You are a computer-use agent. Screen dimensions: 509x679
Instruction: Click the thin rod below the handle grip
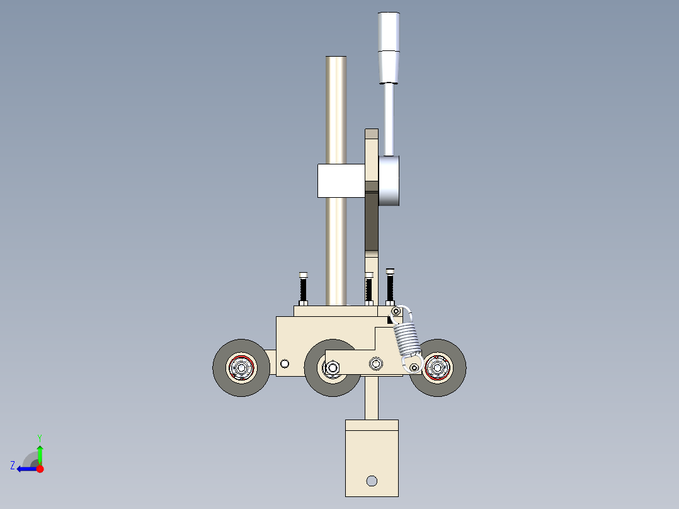[x=389, y=120]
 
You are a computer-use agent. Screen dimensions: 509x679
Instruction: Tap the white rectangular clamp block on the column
[x=340, y=180]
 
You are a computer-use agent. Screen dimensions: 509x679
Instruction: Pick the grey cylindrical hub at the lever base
[x=389, y=181]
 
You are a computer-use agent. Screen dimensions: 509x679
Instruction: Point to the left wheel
[x=241, y=368]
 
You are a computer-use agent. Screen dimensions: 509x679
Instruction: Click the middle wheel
[x=331, y=368]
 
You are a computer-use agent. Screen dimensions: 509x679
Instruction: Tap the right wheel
[x=438, y=368]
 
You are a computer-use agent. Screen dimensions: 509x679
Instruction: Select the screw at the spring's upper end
[x=396, y=312]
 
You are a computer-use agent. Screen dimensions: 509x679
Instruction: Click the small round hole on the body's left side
[x=285, y=363]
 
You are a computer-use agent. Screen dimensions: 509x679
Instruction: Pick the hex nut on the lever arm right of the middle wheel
[x=376, y=363]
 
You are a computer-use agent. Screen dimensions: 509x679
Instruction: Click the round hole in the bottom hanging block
[x=372, y=481]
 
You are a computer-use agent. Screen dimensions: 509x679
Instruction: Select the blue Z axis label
[x=13, y=466]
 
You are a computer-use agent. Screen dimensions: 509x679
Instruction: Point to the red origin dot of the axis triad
[x=40, y=469]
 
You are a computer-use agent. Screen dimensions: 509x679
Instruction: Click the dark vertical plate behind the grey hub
[x=372, y=227]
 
